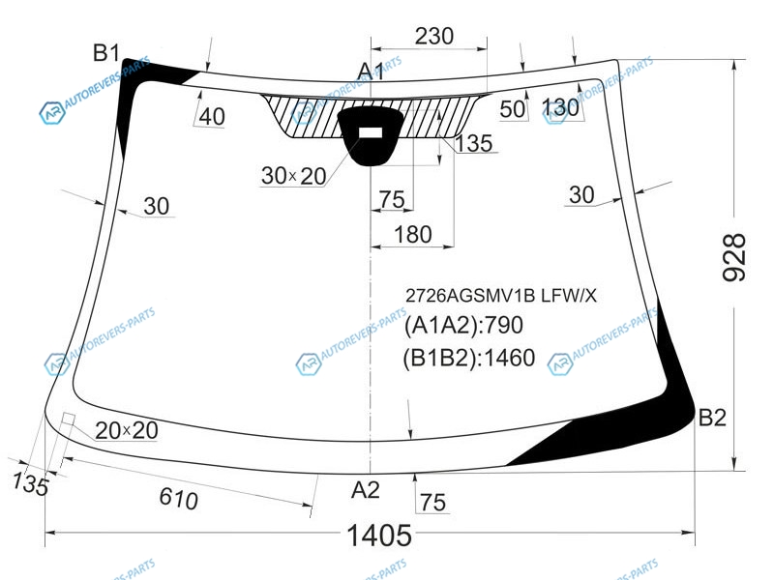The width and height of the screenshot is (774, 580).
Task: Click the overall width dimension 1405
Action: click(x=379, y=536)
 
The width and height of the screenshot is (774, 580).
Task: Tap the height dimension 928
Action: click(x=734, y=257)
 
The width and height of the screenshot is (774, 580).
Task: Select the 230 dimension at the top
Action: click(x=433, y=36)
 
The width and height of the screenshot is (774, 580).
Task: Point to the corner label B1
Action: click(x=106, y=52)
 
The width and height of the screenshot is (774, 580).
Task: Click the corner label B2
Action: click(x=712, y=418)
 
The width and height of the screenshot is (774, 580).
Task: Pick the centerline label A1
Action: click(x=371, y=71)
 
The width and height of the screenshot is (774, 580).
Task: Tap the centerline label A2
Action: click(x=366, y=490)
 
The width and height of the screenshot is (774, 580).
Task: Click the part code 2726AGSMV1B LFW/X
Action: click(x=501, y=296)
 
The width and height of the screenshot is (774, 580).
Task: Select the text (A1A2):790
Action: click(x=463, y=326)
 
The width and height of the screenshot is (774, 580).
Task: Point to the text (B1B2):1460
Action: click(x=469, y=358)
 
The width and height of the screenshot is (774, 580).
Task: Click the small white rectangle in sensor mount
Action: click(x=371, y=132)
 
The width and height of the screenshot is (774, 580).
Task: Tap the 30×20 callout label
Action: click(x=294, y=176)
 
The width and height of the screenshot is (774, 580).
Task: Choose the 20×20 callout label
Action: click(x=127, y=430)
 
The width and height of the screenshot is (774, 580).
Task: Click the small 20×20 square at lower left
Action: click(x=68, y=420)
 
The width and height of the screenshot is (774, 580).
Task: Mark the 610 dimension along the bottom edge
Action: click(x=179, y=498)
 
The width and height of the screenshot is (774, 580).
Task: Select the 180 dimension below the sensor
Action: click(x=413, y=234)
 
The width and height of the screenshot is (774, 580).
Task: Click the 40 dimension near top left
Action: click(x=212, y=116)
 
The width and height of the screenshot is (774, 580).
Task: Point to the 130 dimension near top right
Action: click(x=560, y=107)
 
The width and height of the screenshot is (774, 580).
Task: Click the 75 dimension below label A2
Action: click(x=433, y=503)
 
